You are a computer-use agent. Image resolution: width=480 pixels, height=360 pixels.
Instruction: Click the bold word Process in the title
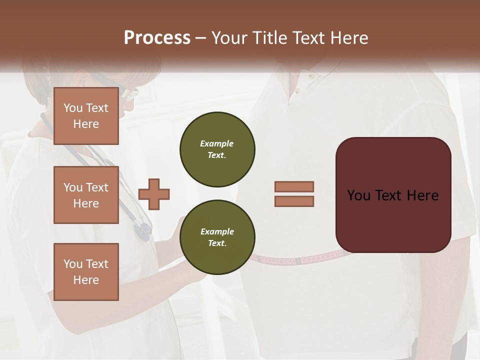157,38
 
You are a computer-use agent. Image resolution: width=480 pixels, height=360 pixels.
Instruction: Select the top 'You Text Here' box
86,116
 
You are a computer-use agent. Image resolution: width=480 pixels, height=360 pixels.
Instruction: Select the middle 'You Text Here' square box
86,195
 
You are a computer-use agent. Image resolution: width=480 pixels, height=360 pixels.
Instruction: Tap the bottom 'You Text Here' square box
86,271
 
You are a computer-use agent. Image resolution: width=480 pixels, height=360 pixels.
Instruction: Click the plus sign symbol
154,194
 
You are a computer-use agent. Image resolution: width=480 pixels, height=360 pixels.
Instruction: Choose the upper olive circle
217,149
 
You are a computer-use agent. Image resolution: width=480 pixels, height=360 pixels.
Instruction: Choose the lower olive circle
217,237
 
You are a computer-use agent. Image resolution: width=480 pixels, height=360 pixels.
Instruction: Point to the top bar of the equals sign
294,186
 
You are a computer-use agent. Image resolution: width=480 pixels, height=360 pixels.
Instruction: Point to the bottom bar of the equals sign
294,201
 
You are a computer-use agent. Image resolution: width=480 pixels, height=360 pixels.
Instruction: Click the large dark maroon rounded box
393,195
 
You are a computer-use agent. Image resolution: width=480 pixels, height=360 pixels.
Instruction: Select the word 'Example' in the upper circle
217,143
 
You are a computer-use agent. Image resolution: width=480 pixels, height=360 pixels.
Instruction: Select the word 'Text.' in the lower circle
217,243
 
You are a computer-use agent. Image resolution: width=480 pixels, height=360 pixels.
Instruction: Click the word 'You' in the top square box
73,108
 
